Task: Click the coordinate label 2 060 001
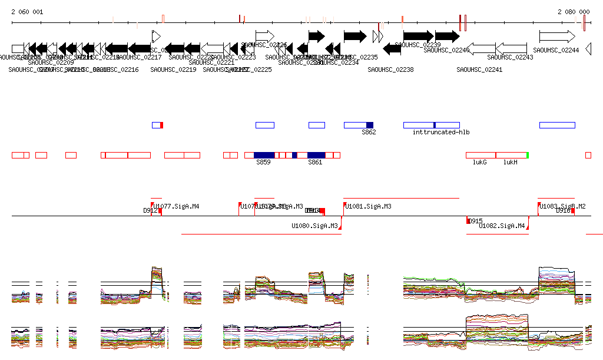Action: point(27,12)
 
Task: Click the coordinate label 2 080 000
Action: point(574,12)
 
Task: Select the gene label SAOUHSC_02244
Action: point(556,50)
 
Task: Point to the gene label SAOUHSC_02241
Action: point(479,70)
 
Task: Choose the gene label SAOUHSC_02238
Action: point(390,70)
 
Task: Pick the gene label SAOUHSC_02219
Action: point(173,70)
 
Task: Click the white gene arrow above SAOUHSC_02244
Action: point(556,37)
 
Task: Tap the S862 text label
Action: point(369,132)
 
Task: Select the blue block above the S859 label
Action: point(263,155)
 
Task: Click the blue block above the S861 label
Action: point(316,155)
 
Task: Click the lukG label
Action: point(480,162)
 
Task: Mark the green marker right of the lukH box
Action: point(528,155)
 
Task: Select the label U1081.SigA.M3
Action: point(368,207)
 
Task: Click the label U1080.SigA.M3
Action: point(314,226)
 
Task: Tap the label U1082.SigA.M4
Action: point(502,226)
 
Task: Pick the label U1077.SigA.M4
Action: point(177,207)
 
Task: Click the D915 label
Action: point(476,221)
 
